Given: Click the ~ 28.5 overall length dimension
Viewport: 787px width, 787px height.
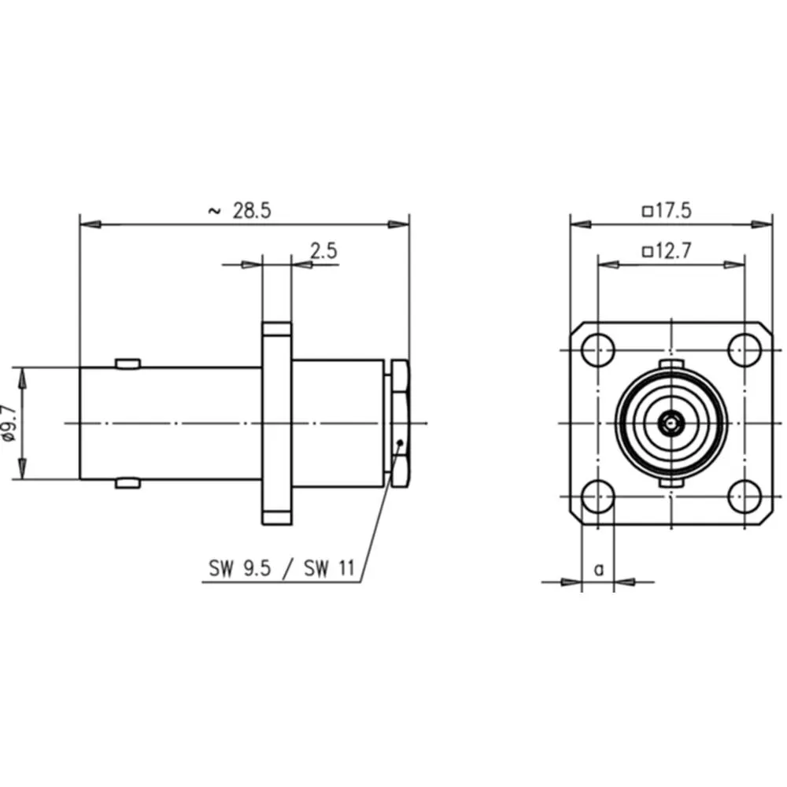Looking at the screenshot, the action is point(240,211).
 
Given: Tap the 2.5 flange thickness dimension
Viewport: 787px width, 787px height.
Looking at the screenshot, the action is point(323,251).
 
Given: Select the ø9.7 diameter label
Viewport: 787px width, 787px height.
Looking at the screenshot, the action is point(10,423).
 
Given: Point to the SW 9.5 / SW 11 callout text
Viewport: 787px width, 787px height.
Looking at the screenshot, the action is point(282,569).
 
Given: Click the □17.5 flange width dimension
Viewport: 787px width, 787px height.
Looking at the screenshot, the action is point(667,211).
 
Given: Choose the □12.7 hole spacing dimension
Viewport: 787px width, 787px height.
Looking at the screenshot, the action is point(667,250).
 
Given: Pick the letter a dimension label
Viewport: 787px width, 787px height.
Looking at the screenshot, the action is point(599,570).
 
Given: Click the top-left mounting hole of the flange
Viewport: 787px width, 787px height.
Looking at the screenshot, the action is point(598,350).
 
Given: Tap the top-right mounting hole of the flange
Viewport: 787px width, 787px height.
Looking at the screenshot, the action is point(745,350).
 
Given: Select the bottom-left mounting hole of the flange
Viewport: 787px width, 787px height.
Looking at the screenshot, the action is point(598,497).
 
